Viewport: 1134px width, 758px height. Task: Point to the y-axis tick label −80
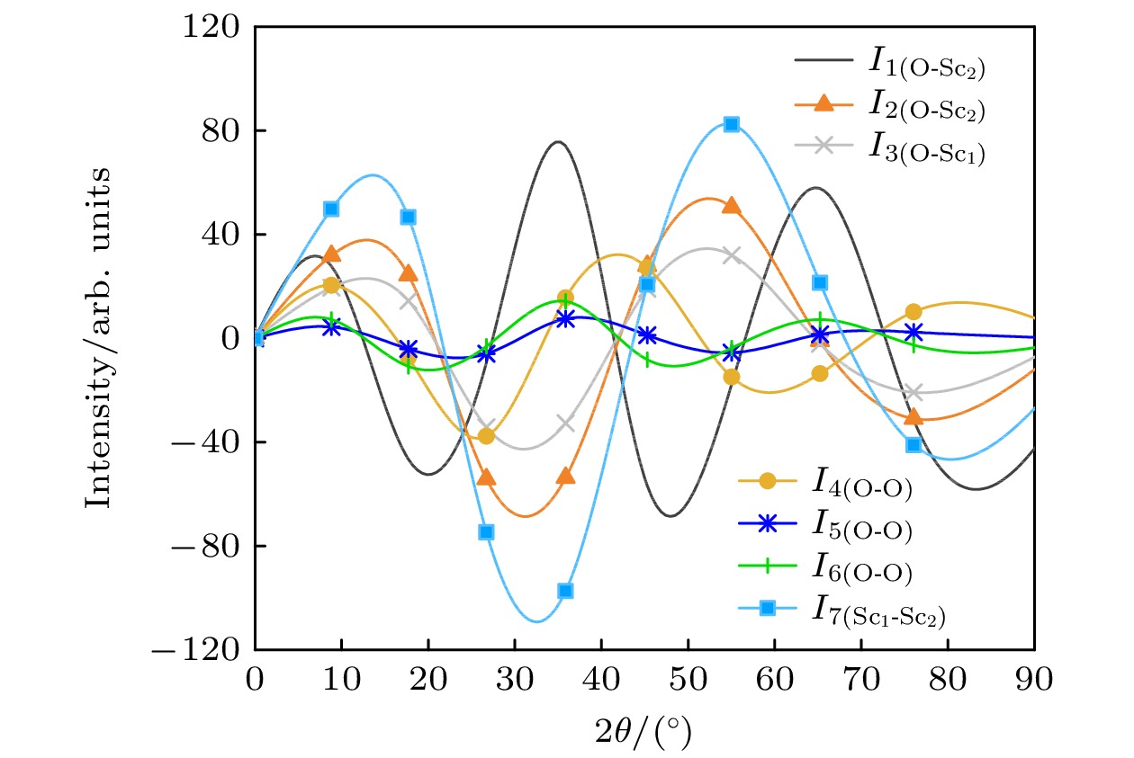click(207, 546)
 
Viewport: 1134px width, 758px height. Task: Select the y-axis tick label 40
click(221, 235)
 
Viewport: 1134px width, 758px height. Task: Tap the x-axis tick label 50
click(688, 680)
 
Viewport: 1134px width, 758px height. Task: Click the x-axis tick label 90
click(1034, 680)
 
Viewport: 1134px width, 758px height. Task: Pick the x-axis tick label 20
click(428, 680)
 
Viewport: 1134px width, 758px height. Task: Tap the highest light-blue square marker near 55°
click(732, 124)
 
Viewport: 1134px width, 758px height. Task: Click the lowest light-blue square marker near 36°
click(565, 591)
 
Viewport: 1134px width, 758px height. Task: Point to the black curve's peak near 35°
click(558, 142)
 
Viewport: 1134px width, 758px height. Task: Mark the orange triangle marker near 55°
click(732, 206)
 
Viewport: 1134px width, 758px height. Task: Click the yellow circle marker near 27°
click(487, 435)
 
